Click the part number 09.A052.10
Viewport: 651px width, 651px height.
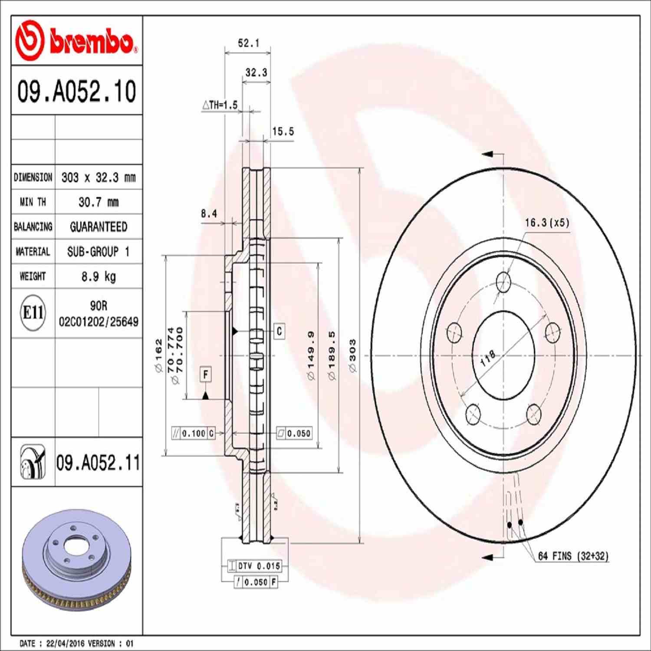pos(76,91)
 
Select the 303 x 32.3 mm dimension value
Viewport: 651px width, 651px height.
pos(99,178)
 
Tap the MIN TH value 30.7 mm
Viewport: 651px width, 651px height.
pos(99,202)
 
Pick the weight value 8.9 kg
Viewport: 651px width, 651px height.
pos(99,276)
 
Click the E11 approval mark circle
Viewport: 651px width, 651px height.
pos(33,312)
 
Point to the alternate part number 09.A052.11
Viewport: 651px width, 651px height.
pos(98,463)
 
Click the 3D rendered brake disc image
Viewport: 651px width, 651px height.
pos(76,560)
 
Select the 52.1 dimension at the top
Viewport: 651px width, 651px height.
pos(248,43)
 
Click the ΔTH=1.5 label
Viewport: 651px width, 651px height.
pos(220,105)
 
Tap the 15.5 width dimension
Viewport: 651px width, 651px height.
pos(283,132)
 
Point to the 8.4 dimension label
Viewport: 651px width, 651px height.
pos(209,214)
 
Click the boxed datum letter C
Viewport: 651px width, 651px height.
pos(279,331)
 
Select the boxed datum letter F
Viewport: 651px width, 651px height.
pos(206,374)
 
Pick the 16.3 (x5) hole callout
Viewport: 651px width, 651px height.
pos(547,223)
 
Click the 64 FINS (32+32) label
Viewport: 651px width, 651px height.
pos(573,556)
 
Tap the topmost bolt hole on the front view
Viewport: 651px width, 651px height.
pos(503,282)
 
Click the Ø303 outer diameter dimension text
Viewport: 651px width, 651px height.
pos(352,356)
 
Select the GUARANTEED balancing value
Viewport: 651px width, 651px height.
pos(99,227)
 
